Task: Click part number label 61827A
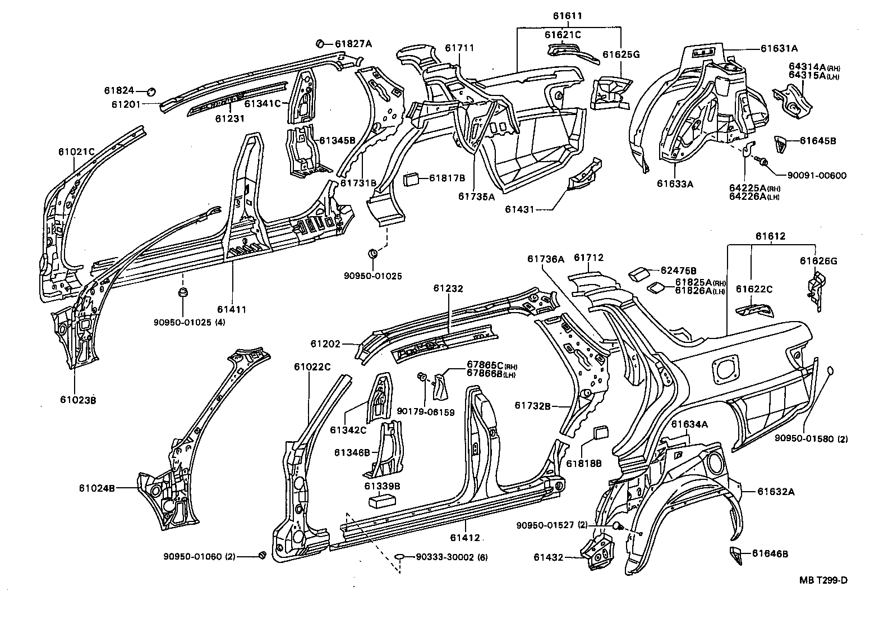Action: point(353,43)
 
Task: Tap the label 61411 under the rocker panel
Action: point(233,310)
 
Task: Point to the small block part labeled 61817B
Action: point(411,179)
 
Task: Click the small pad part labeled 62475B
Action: point(637,273)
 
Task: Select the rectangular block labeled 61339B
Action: point(381,501)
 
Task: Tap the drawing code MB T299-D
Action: point(823,580)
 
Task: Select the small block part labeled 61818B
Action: point(600,433)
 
